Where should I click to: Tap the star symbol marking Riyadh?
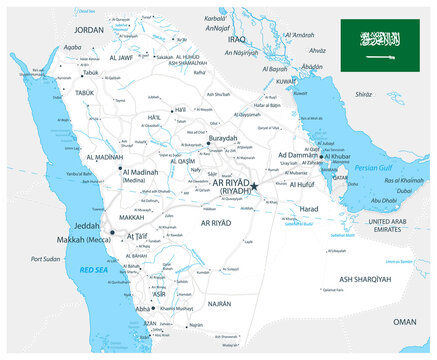[x=254, y=186]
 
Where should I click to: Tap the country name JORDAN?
[x=89, y=30]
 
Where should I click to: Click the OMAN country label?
[x=404, y=322]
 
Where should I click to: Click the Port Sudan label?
[x=46, y=260]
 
